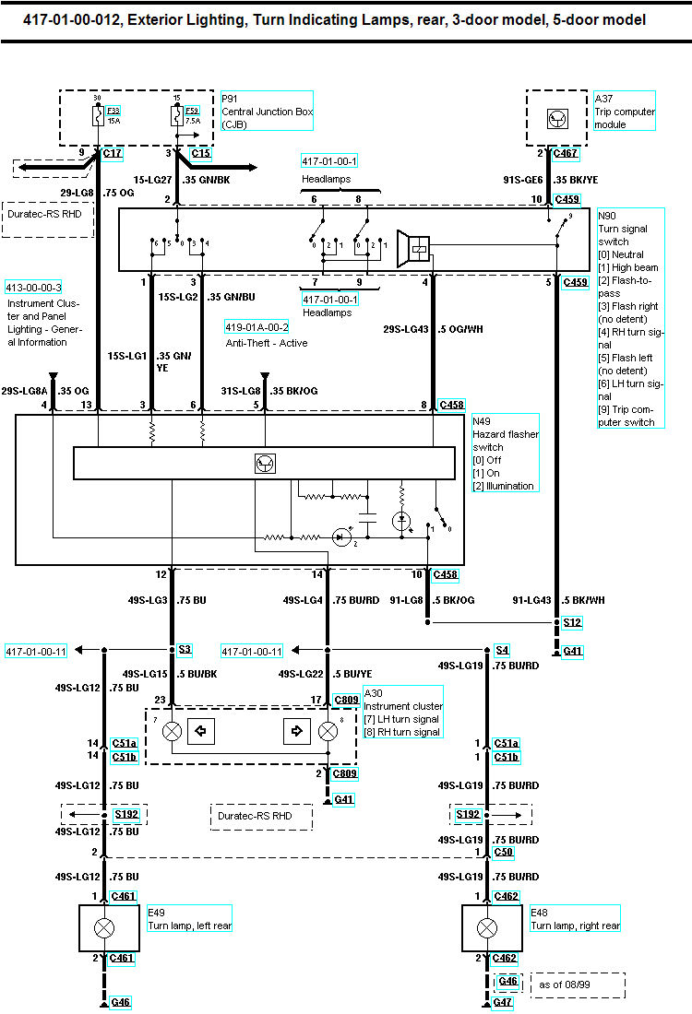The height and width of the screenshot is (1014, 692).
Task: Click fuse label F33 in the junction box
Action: tap(113, 111)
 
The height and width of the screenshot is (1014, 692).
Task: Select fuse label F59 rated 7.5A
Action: tap(192, 111)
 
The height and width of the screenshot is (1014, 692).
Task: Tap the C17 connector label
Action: tap(113, 153)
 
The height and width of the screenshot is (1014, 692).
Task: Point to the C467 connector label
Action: tap(565, 153)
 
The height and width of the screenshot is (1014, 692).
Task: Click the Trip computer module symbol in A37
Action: tap(557, 119)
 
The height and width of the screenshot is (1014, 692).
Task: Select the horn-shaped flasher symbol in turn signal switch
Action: tap(413, 248)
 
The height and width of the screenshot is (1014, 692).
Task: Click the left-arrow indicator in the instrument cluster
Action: tap(200, 731)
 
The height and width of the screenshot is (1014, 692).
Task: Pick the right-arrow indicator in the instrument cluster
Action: tap(297, 731)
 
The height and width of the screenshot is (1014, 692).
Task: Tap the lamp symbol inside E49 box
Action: tap(104, 928)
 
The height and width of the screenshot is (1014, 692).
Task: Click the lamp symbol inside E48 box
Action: tap(487, 928)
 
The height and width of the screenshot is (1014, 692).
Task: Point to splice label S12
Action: tap(572, 623)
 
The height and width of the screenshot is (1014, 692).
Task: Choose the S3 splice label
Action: tap(185, 649)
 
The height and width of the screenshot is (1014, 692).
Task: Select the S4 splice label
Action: tap(502, 650)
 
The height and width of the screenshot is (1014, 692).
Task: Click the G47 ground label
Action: tap(502, 1002)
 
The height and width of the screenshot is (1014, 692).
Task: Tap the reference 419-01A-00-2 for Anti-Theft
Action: tap(257, 327)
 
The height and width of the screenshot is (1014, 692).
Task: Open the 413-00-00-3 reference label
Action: tap(33, 288)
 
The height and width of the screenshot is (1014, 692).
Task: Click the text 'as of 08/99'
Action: tap(565, 985)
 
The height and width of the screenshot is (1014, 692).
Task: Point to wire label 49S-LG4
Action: tap(303, 600)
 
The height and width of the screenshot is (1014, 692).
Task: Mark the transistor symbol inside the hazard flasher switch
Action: tap(265, 463)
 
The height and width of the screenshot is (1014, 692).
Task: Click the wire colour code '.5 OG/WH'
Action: tap(460, 329)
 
